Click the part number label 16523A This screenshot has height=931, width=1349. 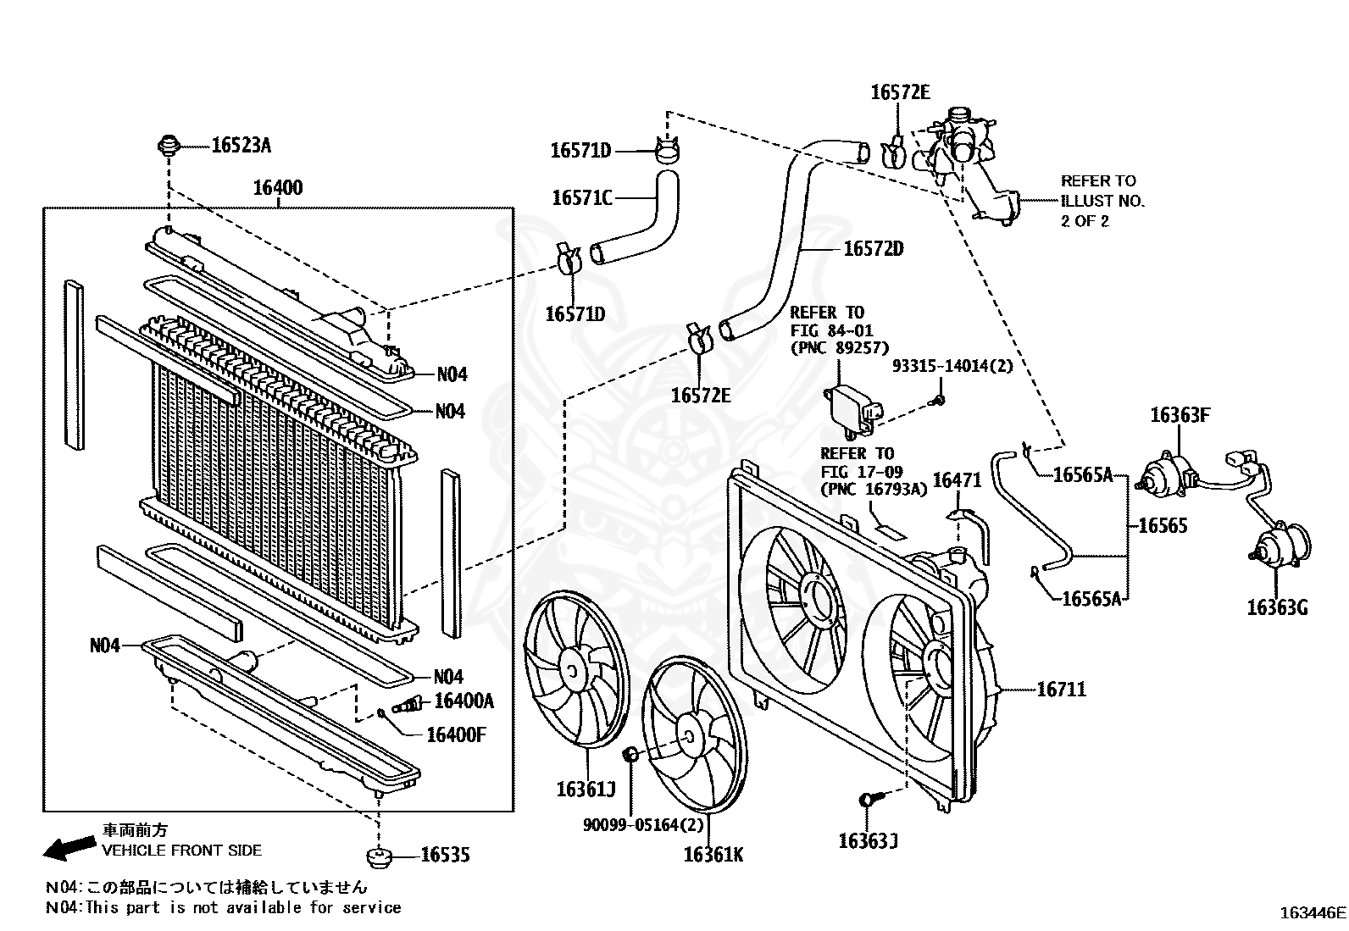coord(241,146)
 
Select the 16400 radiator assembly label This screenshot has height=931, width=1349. coord(277,187)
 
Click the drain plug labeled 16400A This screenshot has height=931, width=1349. coord(409,702)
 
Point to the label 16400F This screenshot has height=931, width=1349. coord(456,734)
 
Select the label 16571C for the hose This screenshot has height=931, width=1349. coord(581,198)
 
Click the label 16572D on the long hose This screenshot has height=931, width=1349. coord(874,249)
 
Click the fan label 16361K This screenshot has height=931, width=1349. coord(713,855)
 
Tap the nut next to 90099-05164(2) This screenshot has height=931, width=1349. coord(630,754)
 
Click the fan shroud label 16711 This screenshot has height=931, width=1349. coord(1061,690)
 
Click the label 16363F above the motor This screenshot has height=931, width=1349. coord(1180,415)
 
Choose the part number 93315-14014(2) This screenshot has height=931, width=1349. coord(952,366)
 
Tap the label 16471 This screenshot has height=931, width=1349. coord(957,481)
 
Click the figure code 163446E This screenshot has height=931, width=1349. coord(1312,912)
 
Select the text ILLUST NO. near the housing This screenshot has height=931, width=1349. coord(1102,201)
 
